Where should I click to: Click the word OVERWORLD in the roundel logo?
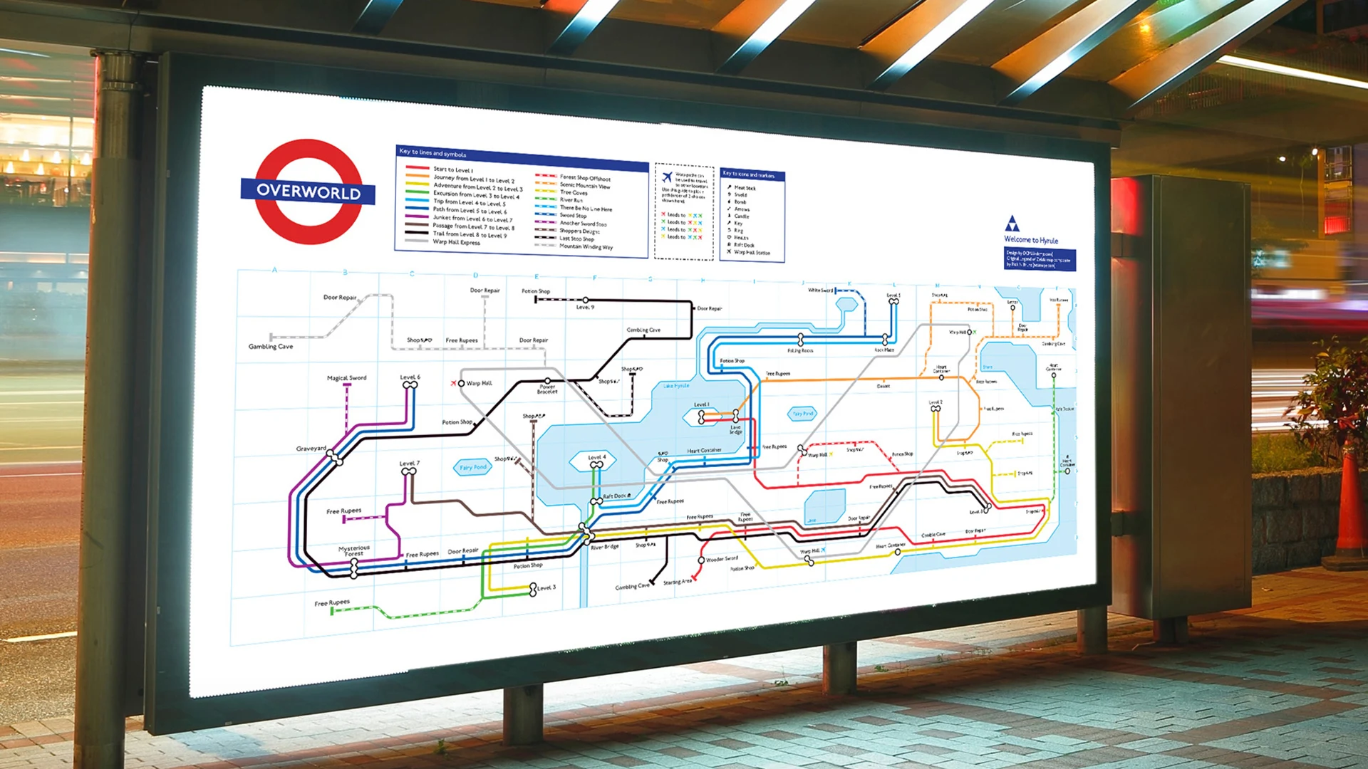308,192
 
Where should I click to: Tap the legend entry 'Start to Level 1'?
452,170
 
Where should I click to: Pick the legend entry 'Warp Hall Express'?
456,242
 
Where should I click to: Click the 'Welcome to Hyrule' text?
1031,240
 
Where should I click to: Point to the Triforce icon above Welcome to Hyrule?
1012,224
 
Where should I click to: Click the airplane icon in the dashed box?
667,177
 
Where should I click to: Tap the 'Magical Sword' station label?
346,378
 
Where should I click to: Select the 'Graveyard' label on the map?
311,449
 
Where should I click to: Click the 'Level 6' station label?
410,377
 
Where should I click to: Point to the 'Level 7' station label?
409,463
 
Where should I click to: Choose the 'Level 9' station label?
585,308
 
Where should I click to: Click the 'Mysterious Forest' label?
354,550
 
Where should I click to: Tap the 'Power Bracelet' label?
547,389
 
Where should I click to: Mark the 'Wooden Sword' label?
722,559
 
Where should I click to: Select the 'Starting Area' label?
677,582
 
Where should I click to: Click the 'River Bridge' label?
605,547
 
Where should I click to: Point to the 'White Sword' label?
820,291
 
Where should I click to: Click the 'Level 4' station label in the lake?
597,457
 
